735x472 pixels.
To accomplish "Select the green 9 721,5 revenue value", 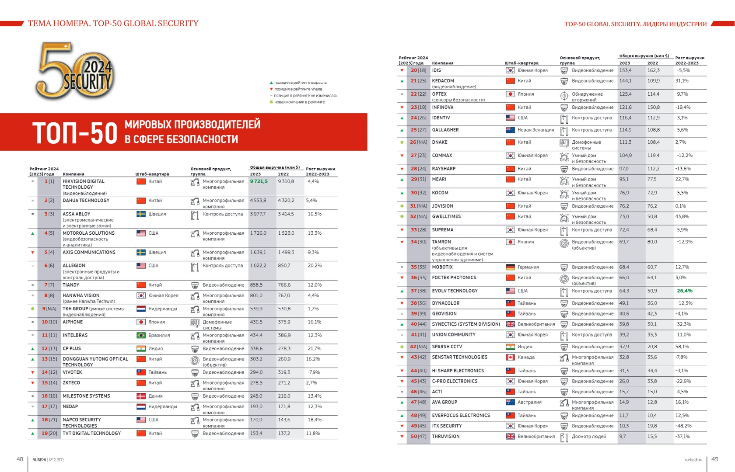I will (x=259, y=181).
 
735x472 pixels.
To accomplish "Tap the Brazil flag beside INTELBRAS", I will (x=141, y=336).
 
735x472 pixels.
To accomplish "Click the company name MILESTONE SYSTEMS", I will (x=86, y=396).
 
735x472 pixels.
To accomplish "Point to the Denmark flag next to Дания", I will (x=141, y=396).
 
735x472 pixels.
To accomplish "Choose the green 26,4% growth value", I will (x=685, y=291).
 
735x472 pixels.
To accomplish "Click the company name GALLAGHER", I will (x=445, y=130).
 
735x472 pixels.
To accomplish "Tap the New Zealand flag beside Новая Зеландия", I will (x=510, y=130).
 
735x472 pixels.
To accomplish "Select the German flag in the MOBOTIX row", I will (x=510, y=267).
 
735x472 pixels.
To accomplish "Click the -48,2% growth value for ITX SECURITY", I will (x=683, y=426).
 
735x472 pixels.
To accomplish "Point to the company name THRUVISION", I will (x=445, y=437).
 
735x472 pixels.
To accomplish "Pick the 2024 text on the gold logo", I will (x=98, y=67).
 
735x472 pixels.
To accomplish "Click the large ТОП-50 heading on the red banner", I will (x=75, y=133).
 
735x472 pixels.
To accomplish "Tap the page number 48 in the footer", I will (x=20, y=459).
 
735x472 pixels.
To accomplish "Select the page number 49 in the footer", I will (x=714, y=459).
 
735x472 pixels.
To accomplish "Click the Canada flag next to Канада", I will (x=510, y=357).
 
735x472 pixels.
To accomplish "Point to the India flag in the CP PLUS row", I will (x=141, y=349).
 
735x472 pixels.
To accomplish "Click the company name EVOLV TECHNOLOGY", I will (x=455, y=291).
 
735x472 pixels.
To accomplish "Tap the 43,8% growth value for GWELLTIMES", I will (x=682, y=217).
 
